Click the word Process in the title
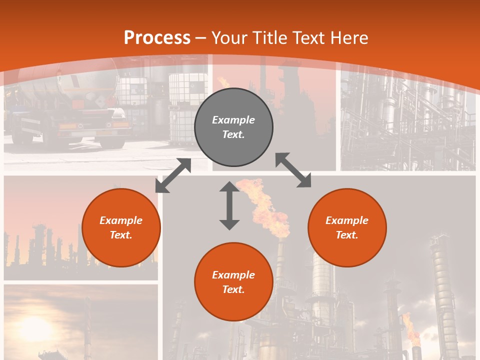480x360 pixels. (x=157, y=38)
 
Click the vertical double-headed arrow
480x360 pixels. (x=229, y=205)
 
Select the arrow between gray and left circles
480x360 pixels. (x=173, y=175)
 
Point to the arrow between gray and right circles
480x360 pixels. (x=293, y=170)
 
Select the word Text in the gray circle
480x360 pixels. (x=233, y=135)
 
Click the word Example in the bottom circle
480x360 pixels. (x=233, y=274)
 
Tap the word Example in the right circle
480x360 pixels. (x=347, y=220)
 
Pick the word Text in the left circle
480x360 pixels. (x=121, y=235)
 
